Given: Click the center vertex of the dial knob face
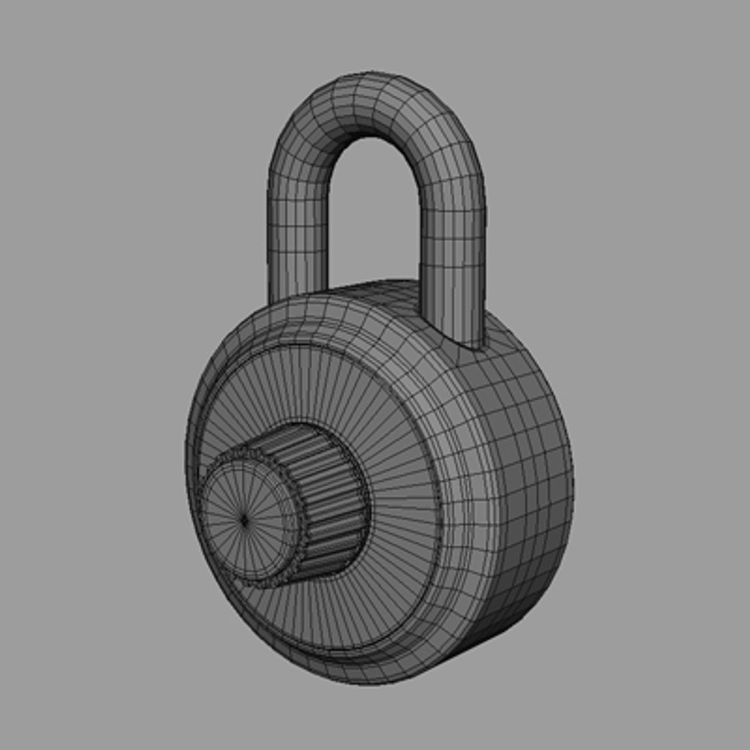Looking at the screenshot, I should pos(244,518).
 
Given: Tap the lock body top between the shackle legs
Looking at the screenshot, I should pos(375,295).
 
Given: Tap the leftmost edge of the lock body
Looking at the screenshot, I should pos(187,458).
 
